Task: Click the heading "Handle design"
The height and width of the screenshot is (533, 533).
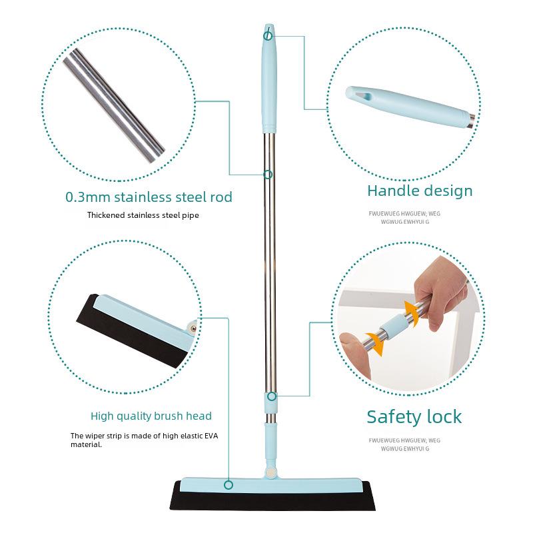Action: (x=420, y=191)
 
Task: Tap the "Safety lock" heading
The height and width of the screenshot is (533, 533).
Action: (x=414, y=417)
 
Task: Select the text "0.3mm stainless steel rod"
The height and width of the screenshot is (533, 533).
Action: (x=149, y=197)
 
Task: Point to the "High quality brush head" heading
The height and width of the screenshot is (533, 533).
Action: (x=151, y=416)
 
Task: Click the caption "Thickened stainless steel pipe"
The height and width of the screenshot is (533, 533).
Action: (x=143, y=215)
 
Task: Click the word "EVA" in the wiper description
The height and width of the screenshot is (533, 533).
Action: (x=211, y=436)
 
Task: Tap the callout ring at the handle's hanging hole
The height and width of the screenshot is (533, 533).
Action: (x=268, y=35)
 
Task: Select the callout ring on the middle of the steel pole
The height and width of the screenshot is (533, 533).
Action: (x=268, y=175)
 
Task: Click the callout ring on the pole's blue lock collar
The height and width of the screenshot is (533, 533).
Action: (x=272, y=396)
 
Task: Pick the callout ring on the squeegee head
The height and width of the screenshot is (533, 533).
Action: (x=229, y=485)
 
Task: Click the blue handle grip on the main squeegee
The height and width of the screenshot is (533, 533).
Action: (x=269, y=78)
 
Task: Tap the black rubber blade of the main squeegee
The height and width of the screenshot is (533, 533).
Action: (x=272, y=498)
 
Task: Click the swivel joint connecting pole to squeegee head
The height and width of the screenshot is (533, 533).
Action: (x=270, y=472)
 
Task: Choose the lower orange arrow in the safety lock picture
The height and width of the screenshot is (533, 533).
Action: (x=376, y=344)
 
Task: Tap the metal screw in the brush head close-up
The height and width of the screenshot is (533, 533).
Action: (x=193, y=328)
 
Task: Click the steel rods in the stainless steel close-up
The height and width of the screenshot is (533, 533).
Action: (x=114, y=105)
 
